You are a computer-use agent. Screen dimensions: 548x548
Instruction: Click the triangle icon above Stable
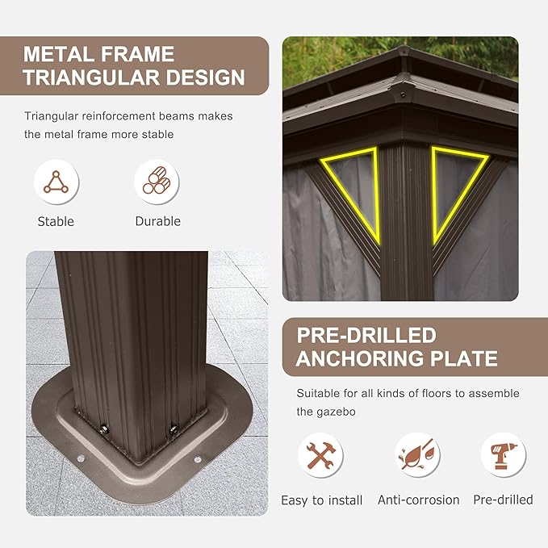[56, 182]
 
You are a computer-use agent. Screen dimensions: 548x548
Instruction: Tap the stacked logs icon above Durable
[157, 180]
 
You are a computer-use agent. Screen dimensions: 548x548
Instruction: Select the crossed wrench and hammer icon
[321, 455]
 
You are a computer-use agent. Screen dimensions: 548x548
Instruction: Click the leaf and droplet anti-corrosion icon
[417, 454]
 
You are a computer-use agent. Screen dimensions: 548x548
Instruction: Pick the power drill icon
[504, 455]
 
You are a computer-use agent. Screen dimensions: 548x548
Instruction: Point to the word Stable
[56, 222]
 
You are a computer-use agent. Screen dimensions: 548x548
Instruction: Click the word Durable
[158, 221]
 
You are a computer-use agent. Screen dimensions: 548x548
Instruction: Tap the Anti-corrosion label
[419, 500]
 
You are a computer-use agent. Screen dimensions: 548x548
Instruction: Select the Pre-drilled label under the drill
[504, 500]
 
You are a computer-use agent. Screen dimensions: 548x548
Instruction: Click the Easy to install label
[321, 500]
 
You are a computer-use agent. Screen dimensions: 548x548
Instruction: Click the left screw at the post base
[103, 429]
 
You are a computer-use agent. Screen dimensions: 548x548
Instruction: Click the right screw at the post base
[174, 429]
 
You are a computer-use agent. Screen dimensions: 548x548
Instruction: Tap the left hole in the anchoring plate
[81, 458]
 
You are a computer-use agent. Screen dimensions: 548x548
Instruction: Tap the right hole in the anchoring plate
[198, 459]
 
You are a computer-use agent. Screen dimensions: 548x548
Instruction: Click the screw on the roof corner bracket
[403, 95]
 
